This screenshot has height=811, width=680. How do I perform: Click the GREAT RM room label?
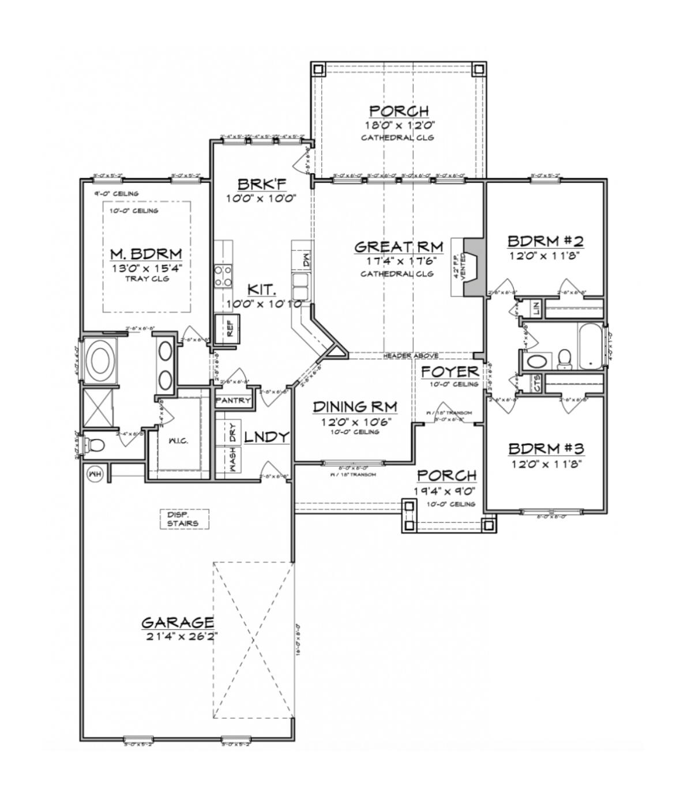tap(399, 247)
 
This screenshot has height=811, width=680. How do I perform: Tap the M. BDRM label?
tap(146, 254)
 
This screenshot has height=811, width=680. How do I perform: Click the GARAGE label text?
tap(178, 622)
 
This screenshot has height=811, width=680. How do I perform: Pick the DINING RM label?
tap(355, 407)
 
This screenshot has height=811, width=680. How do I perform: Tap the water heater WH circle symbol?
tap(93, 474)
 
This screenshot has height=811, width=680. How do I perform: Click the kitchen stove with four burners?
tap(223, 275)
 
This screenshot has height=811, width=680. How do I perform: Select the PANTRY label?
tap(233, 400)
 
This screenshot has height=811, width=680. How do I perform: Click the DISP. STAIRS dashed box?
tap(183, 519)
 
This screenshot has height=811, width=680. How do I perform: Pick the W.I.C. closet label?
tap(178, 441)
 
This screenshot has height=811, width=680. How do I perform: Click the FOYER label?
tap(449, 371)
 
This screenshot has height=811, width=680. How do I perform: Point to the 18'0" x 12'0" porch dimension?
tap(398, 124)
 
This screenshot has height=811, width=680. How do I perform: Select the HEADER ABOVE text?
tap(410, 356)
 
